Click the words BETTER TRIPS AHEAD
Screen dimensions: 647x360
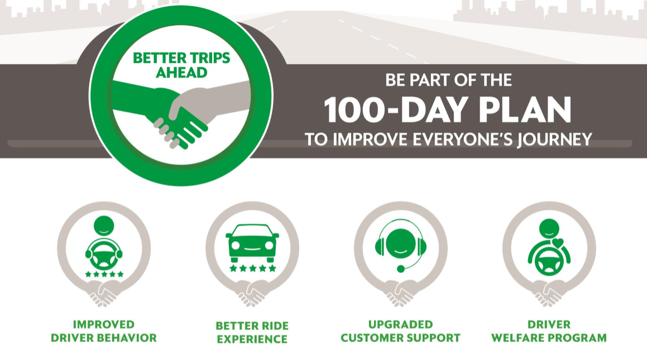[x=181, y=65]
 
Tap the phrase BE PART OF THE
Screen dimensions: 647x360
[x=448, y=80]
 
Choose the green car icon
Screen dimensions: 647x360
[x=252, y=243]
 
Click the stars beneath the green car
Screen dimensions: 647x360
[x=252, y=268]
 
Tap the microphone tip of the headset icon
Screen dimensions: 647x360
[x=400, y=269]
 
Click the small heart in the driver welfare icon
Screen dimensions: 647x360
[x=558, y=243]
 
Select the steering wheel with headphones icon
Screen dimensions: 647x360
[x=104, y=253]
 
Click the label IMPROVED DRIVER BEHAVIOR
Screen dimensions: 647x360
[x=104, y=331]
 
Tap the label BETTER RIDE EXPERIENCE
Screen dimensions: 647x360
[x=252, y=332]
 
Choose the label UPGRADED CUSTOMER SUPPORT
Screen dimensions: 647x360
[x=400, y=331]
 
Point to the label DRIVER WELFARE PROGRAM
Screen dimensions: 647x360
[x=549, y=331]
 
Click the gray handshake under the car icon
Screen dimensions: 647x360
[x=252, y=293]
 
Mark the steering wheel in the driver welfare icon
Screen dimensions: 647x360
[x=549, y=262]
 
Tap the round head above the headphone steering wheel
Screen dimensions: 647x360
[x=104, y=225]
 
